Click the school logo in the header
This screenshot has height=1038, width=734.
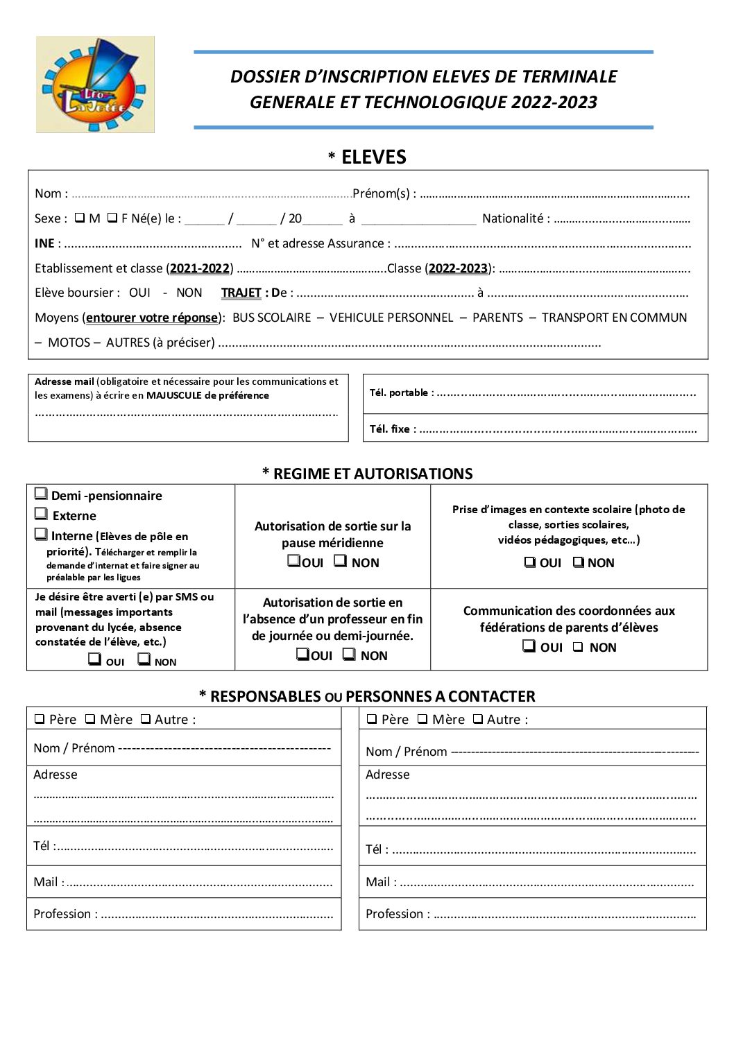tap(95, 85)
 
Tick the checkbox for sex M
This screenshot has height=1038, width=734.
tap(80, 218)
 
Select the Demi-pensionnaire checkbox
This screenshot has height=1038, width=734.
tap(42, 494)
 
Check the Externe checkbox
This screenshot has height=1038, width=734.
tap(42, 514)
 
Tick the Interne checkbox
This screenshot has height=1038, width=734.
tap(42, 534)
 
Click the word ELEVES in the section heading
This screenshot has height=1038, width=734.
tap(373, 157)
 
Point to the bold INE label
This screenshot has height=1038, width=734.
tap(44, 243)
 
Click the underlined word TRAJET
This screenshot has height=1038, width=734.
tap(241, 293)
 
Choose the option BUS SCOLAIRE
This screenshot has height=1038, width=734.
tap(271, 318)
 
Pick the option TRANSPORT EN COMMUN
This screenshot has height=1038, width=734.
tap(614, 318)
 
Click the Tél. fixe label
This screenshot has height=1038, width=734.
tap(393, 429)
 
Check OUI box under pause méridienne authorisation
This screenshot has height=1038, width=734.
tap(294, 561)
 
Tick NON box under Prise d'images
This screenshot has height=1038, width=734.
tap(579, 562)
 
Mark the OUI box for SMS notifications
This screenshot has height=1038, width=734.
tap(95, 659)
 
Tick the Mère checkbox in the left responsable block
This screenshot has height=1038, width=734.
tap(90, 719)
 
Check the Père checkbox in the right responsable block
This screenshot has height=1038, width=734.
tap(372, 719)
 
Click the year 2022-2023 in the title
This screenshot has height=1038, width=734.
tap(554, 103)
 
